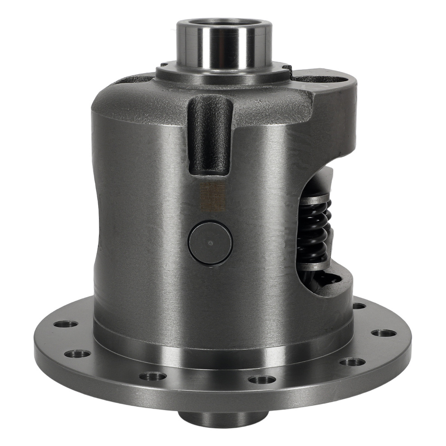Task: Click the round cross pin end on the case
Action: coord(210,243)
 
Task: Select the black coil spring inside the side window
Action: coord(315,232)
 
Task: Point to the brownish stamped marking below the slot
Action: coord(211,197)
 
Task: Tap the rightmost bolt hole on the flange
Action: coord(384,333)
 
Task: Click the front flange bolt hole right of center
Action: coord(262,380)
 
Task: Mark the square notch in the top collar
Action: coord(287,70)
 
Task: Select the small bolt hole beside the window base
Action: coord(359,306)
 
